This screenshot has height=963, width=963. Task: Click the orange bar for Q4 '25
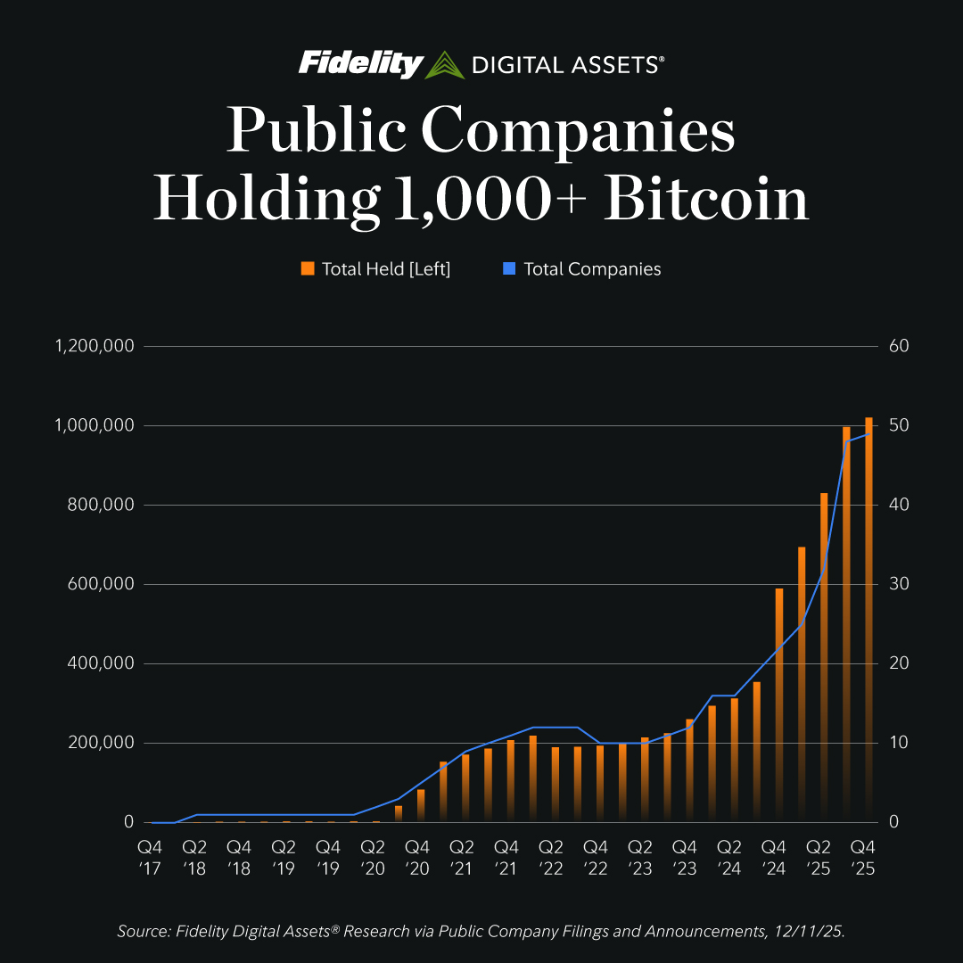(x=868, y=624)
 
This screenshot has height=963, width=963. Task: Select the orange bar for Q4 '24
(x=779, y=704)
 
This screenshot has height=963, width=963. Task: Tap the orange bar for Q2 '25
(x=825, y=660)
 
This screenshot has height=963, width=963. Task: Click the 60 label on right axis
(x=898, y=346)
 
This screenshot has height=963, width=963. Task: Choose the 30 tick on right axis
(x=898, y=584)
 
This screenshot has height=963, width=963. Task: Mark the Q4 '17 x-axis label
(x=149, y=855)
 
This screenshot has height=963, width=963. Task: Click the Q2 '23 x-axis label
(x=640, y=855)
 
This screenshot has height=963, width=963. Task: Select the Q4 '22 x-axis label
(x=596, y=855)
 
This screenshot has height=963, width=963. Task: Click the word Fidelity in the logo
(x=360, y=63)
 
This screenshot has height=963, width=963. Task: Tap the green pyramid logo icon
(x=444, y=65)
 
